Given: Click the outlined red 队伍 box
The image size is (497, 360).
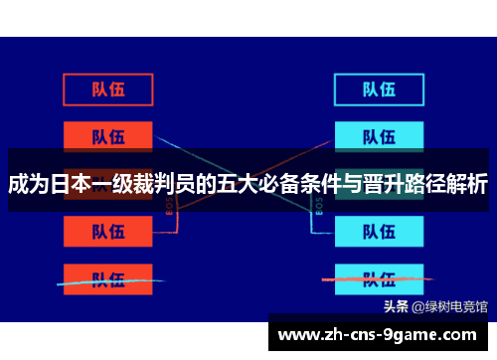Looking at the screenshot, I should pyautogui.click(x=108, y=90).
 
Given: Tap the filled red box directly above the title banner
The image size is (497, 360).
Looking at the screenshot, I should pyautogui.click(x=108, y=135).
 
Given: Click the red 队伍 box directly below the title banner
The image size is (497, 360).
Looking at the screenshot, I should pyautogui.click(x=108, y=231).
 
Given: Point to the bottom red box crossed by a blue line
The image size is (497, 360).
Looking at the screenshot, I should pyautogui.click(x=108, y=277).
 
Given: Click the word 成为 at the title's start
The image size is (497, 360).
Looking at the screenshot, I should pyautogui.click(x=30, y=184).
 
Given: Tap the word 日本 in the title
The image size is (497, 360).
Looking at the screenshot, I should pyautogui.click(x=74, y=184).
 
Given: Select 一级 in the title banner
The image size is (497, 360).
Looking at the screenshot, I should pyautogui.click(x=117, y=184).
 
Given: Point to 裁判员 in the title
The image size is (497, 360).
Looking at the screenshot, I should pyautogui.click(x=172, y=184).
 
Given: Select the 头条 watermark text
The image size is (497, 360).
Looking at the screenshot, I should pyautogui.click(x=396, y=305).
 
